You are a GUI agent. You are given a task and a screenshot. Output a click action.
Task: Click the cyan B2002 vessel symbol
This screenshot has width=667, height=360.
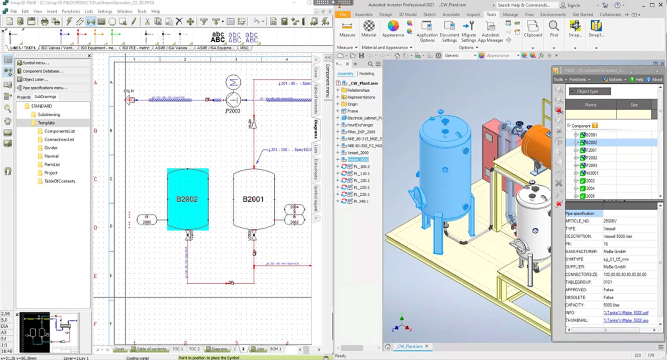[188, 199]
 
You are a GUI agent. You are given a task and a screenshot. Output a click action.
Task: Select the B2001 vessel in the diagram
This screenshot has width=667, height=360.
[253, 199]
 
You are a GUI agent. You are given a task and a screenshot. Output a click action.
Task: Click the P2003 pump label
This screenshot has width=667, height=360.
[233, 111]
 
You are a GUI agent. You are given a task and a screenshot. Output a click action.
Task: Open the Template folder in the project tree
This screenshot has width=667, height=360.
[46, 123]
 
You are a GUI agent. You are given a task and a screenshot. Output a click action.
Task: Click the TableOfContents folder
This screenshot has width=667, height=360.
[59, 181]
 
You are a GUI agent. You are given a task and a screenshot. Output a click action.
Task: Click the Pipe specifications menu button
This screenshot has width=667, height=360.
[44, 88]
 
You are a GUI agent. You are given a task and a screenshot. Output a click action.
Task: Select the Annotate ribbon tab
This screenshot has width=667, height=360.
[451, 15]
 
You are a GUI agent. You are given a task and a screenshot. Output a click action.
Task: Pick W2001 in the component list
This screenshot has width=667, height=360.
[592, 173]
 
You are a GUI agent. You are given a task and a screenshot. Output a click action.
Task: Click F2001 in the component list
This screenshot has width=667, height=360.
[591, 150]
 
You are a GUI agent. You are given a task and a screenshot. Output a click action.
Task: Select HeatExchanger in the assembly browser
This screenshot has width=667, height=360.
[360, 125]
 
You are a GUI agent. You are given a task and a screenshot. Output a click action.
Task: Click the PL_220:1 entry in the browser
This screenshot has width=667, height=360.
[361, 187]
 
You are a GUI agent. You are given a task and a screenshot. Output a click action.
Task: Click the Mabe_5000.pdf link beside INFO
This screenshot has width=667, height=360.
[626, 313]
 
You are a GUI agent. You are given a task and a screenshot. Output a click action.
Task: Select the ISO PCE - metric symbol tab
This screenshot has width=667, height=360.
[135, 48]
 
